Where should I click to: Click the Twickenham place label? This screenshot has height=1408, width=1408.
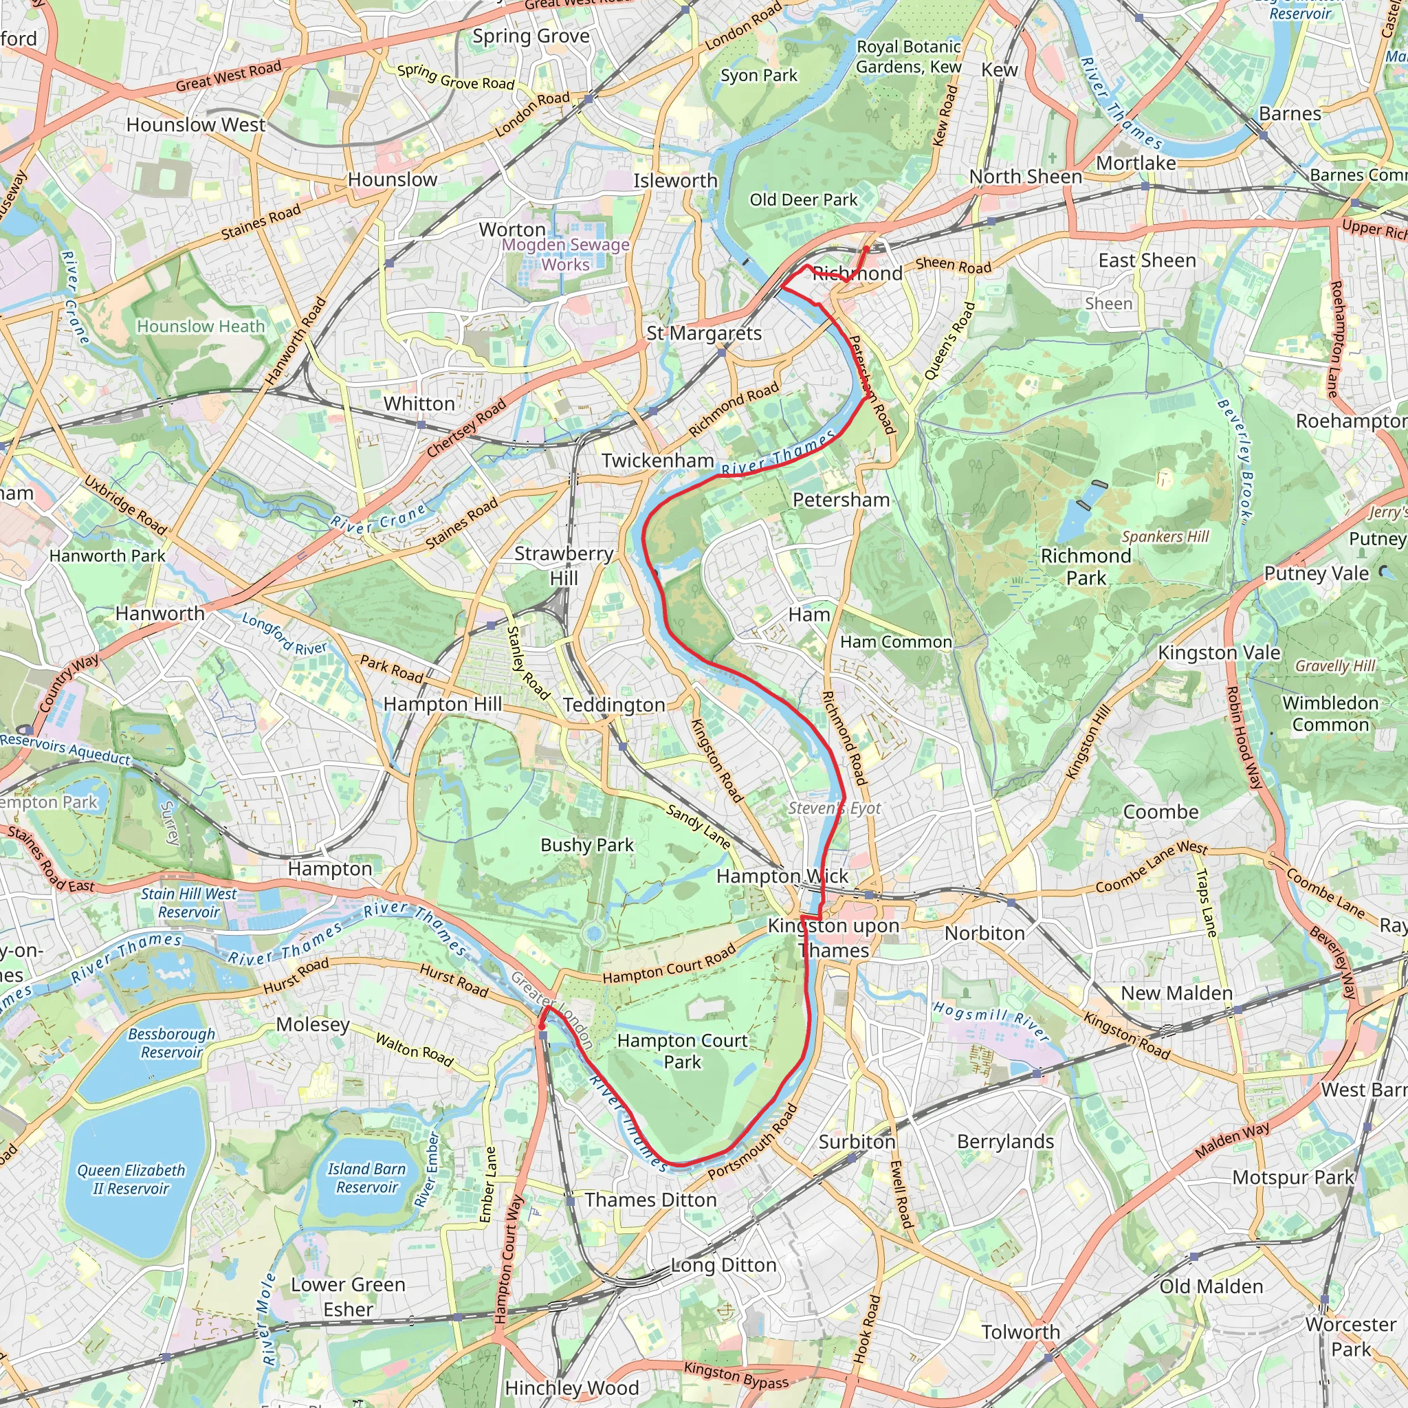[x=657, y=461]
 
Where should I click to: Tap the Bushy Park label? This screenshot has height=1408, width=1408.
[x=586, y=845]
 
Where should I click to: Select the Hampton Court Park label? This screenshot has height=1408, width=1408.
[x=682, y=1051]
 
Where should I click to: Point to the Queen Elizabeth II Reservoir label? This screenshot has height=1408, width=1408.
[x=131, y=1179]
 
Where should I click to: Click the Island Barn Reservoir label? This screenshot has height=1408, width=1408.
[x=366, y=1178]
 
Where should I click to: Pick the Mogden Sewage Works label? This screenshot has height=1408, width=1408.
[x=566, y=254]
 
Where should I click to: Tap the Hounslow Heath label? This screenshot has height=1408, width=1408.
[x=201, y=327]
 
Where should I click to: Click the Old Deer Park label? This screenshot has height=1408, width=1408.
[x=803, y=199]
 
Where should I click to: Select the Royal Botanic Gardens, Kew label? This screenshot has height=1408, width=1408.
[x=908, y=57]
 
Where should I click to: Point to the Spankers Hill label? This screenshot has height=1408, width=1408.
[x=1165, y=536]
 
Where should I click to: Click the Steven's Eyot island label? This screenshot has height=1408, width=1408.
[x=835, y=808]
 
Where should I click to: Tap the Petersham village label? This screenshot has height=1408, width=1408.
[x=841, y=500]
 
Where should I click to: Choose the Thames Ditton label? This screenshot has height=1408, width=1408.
[x=650, y=1200]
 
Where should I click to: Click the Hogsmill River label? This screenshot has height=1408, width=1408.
[x=991, y=1020]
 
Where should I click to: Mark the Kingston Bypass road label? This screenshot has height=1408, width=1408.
[x=736, y=1375]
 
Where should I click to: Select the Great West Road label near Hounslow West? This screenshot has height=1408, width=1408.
[x=228, y=76]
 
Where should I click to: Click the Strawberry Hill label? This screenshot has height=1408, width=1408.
[x=563, y=566]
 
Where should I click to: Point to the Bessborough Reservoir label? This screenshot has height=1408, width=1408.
[x=171, y=1043]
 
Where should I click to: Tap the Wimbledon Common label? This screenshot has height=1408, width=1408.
[x=1330, y=714]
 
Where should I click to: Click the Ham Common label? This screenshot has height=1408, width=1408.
[x=896, y=642]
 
